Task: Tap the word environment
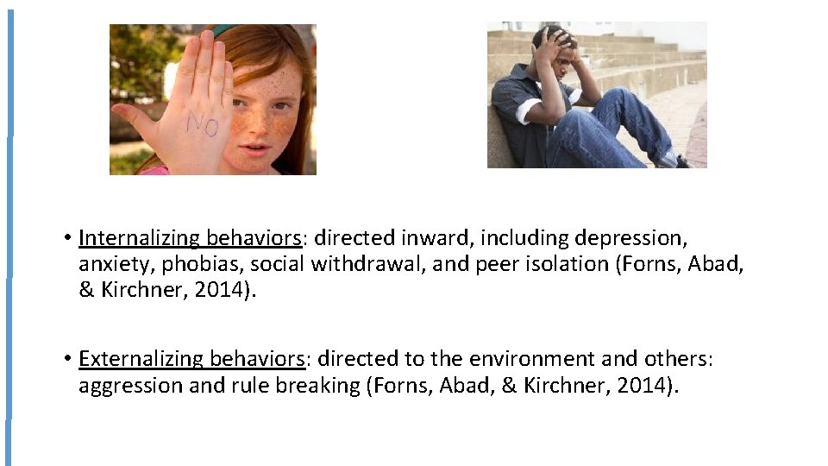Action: pos(540,359)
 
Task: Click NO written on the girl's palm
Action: pos(202,126)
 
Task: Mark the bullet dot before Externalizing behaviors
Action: pos(66,359)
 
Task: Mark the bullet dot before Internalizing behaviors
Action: pos(66,238)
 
